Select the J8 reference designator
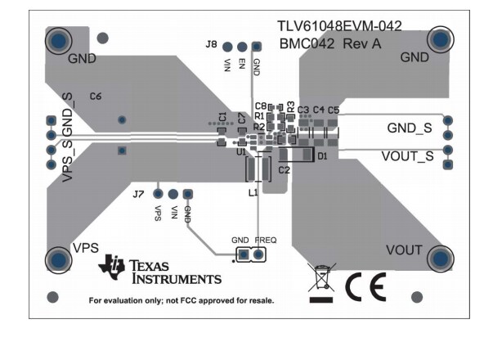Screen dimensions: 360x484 pos(211,44)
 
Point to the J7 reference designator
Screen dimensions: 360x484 pos(138,195)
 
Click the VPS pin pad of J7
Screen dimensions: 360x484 pos(158,194)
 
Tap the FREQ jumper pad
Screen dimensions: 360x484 pos(258,255)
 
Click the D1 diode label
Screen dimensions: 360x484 pos(322,155)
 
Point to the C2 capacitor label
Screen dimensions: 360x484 pos(284,170)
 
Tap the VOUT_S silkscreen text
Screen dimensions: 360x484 pos(407,155)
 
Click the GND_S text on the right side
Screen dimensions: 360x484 pos(409,128)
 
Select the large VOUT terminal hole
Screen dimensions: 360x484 pos(439,259)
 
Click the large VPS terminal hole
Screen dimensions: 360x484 pos(58,259)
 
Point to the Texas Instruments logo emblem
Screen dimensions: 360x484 pos(112,266)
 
